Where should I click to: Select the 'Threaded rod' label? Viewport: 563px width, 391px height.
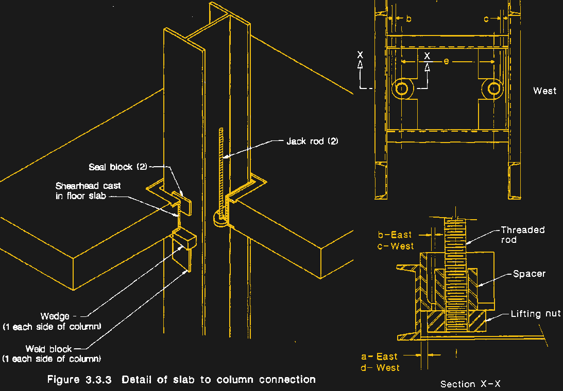point(522,235)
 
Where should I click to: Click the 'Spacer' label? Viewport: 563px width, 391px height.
point(529,274)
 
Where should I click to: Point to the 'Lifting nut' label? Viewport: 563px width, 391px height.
point(536,314)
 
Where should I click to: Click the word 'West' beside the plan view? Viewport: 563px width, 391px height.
point(545,91)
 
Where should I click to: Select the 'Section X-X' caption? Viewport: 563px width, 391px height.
point(470,384)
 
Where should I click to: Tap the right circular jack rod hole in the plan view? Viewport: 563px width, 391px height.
point(493,89)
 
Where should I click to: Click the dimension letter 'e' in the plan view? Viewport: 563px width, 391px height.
point(446,61)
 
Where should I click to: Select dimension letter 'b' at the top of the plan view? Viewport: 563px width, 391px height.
point(408,19)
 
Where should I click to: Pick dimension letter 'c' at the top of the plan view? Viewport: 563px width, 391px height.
point(486,19)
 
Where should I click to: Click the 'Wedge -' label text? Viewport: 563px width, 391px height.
point(59,316)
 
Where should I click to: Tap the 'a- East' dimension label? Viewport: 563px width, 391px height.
point(379,357)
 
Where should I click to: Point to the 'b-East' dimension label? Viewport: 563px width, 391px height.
point(395,235)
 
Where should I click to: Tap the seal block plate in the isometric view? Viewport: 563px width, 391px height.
point(181,203)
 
